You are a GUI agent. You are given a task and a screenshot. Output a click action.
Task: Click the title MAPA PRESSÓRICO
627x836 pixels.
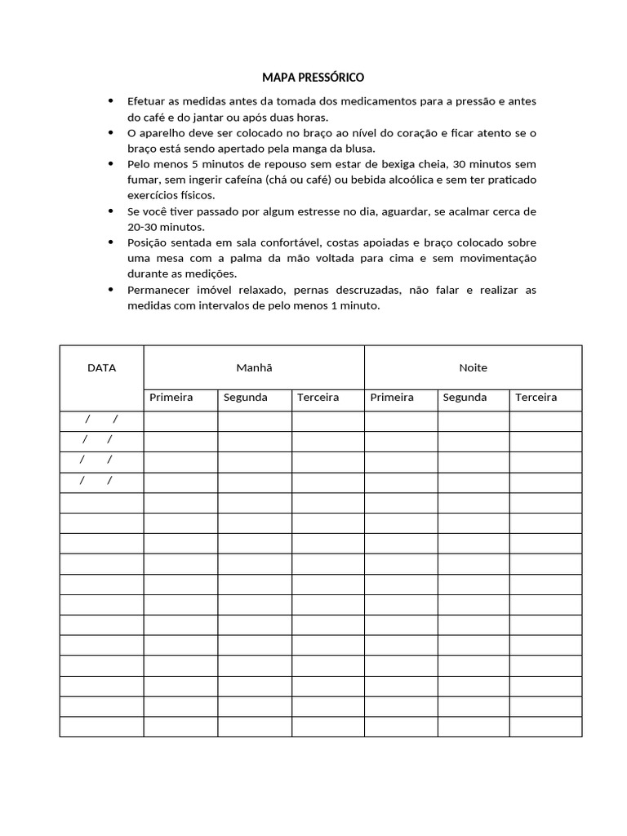click(x=313, y=78)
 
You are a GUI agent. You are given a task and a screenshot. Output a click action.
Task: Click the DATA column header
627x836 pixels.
click(x=101, y=367)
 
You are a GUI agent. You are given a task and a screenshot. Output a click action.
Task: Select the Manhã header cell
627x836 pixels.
click(x=254, y=367)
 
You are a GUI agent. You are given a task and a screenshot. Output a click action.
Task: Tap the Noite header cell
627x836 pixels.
click(x=473, y=367)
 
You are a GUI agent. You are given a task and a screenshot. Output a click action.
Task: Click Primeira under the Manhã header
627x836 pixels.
click(x=171, y=398)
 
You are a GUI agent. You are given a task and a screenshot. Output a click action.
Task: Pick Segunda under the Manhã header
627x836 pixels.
click(x=245, y=398)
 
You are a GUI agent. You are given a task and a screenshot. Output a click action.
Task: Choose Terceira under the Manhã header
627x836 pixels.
click(x=318, y=398)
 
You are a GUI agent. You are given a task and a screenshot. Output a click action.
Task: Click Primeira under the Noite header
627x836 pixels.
click(x=392, y=398)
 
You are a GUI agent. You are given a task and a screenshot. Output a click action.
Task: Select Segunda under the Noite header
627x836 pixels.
click(x=465, y=398)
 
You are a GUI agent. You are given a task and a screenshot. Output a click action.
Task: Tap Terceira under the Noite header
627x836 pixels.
click(x=536, y=398)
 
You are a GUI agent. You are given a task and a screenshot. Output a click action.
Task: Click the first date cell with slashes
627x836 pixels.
click(x=102, y=420)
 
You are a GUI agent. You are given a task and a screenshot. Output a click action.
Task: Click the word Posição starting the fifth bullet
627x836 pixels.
click(x=148, y=243)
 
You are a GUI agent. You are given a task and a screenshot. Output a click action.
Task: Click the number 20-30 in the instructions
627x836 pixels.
click(x=143, y=227)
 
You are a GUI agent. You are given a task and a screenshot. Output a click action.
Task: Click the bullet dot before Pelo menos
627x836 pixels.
click(x=111, y=164)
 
